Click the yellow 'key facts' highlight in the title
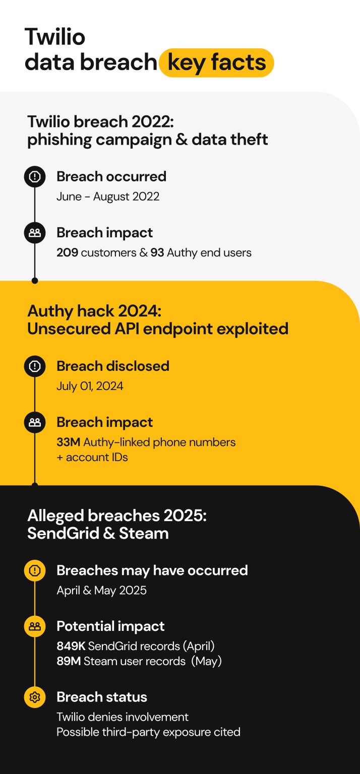pyautogui.click(x=216, y=62)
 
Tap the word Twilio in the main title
pyautogui.click(x=55, y=37)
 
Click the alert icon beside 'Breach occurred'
pyautogui.click(x=35, y=176)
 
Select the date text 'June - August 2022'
pyautogui.click(x=108, y=197)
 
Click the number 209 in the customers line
pyautogui.click(x=67, y=252)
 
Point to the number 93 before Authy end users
pyautogui.click(x=157, y=252)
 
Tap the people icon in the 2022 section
pyautogui.click(x=35, y=233)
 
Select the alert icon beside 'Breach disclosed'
pyautogui.click(x=35, y=366)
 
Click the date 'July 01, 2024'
pyautogui.click(x=90, y=386)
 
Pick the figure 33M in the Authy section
pyautogui.click(x=68, y=442)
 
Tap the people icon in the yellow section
pyautogui.click(x=35, y=422)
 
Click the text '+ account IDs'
pyautogui.click(x=92, y=458)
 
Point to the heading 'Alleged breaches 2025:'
pyautogui.click(x=116, y=515)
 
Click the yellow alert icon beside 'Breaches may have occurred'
pyautogui.click(x=35, y=570)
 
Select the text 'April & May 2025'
pyautogui.click(x=101, y=591)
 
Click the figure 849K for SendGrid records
pyautogui.click(x=71, y=646)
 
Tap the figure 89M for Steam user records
pyautogui.click(x=69, y=661)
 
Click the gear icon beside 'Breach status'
pyautogui.click(x=35, y=697)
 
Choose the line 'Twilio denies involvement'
pyautogui.click(x=123, y=717)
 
